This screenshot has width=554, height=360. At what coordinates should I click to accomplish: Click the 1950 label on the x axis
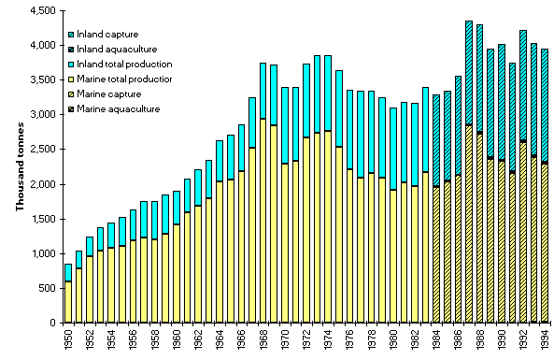tap(68, 340)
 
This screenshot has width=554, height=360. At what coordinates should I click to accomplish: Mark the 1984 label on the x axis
tap(435, 340)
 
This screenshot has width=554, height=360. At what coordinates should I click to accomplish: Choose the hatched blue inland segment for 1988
tap(479, 79)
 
